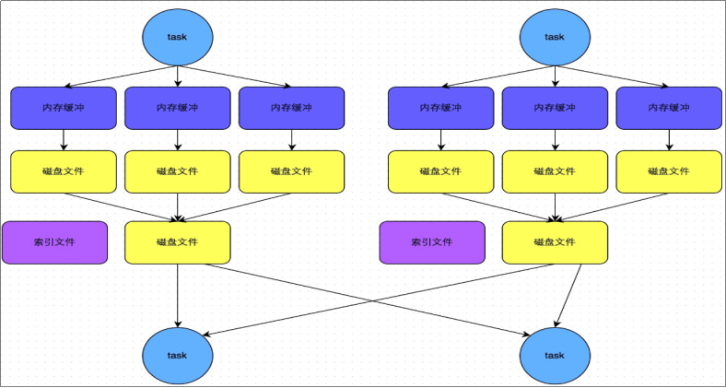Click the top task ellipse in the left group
click(x=178, y=37)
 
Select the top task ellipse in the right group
click(x=555, y=37)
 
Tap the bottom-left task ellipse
click(x=178, y=355)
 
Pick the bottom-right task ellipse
click(x=555, y=355)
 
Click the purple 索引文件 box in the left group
click(x=54, y=242)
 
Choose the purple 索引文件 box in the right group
click(x=432, y=242)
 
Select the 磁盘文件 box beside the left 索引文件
click(x=178, y=242)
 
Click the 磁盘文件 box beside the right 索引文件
click(x=555, y=242)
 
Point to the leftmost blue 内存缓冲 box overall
click(x=64, y=108)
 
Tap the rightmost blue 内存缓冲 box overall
click(x=669, y=108)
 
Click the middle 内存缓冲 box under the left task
click(x=178, y=108)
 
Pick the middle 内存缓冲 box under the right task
click(x=555, y=108)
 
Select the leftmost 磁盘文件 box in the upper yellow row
click(x=64, y=171)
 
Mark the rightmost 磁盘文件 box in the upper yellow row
click(x=669, y=171)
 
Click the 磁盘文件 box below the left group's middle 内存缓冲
click(x=178, y=171)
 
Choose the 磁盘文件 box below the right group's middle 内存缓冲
click(x=555, y=171)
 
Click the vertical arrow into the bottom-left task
click(x=178, y=295)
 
